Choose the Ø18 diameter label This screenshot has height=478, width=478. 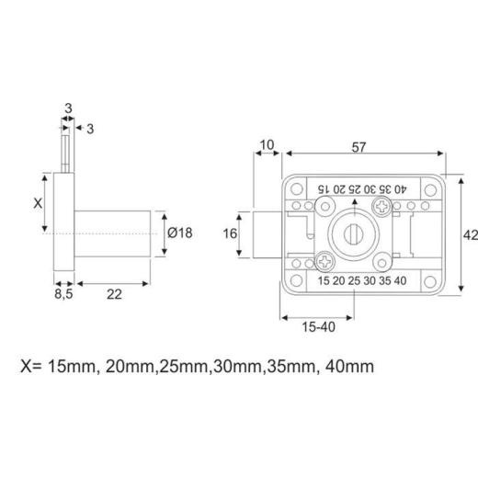click(x=180, y=233)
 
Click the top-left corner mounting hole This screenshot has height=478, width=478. click(x=296, y=188)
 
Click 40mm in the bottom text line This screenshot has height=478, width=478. click(x=350, y=366)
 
